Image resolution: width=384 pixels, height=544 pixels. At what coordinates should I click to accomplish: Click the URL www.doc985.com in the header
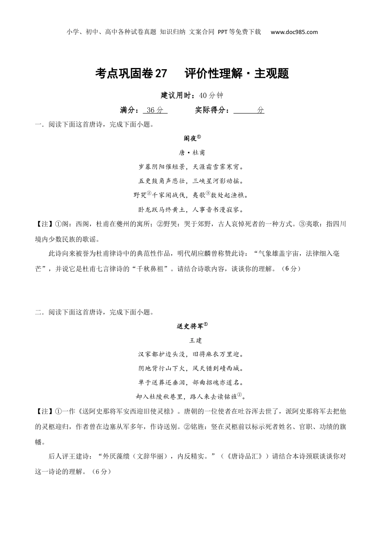point(294,32)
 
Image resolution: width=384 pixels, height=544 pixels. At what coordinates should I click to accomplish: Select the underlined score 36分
point(155,110)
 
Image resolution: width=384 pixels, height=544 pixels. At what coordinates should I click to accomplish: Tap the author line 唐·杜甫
point(192,153)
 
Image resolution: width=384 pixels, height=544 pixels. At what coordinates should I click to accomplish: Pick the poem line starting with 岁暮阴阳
point(192,167)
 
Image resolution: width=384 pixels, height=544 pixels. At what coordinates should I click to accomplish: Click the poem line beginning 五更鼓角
point(192,181)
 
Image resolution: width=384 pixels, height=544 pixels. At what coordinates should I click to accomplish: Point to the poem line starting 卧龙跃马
point(192,210)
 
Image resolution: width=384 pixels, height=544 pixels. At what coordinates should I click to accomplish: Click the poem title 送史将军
point(190,326)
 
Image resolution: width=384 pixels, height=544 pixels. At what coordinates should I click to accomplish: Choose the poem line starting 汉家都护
point(192,355)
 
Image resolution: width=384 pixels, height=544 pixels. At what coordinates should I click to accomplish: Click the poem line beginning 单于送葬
point(192,383)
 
